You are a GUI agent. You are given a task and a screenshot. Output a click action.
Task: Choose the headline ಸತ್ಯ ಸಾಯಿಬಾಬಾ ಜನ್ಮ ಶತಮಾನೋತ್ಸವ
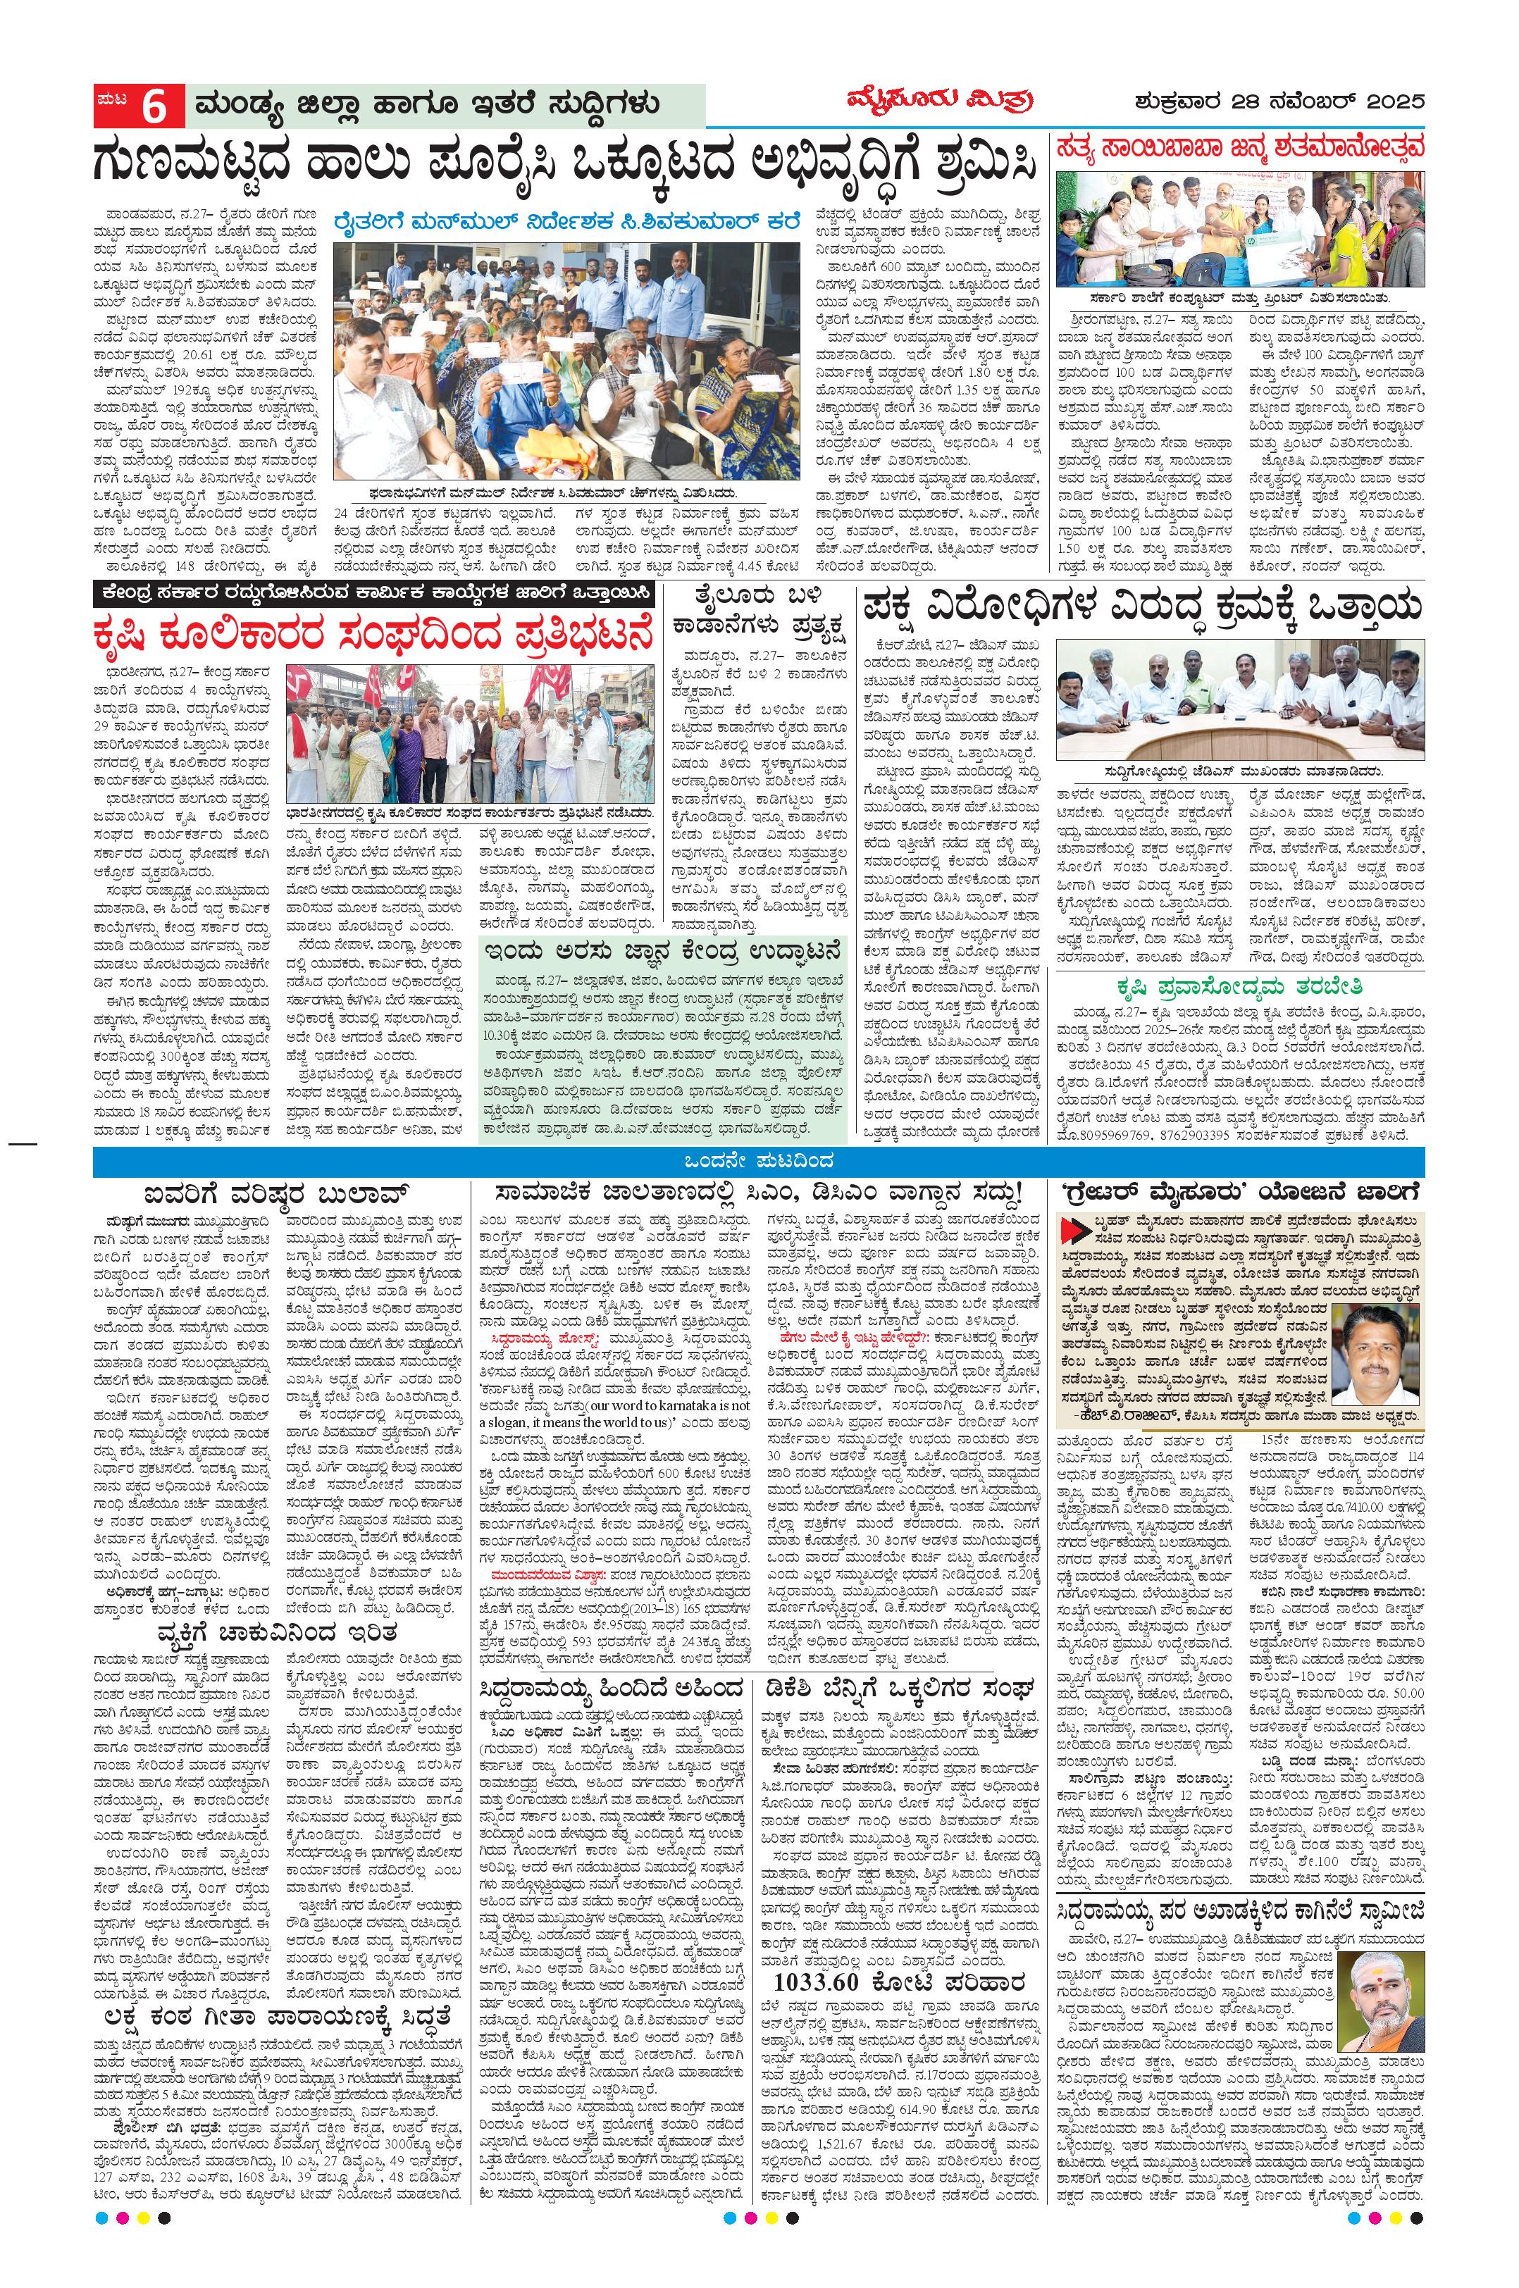1241,147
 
